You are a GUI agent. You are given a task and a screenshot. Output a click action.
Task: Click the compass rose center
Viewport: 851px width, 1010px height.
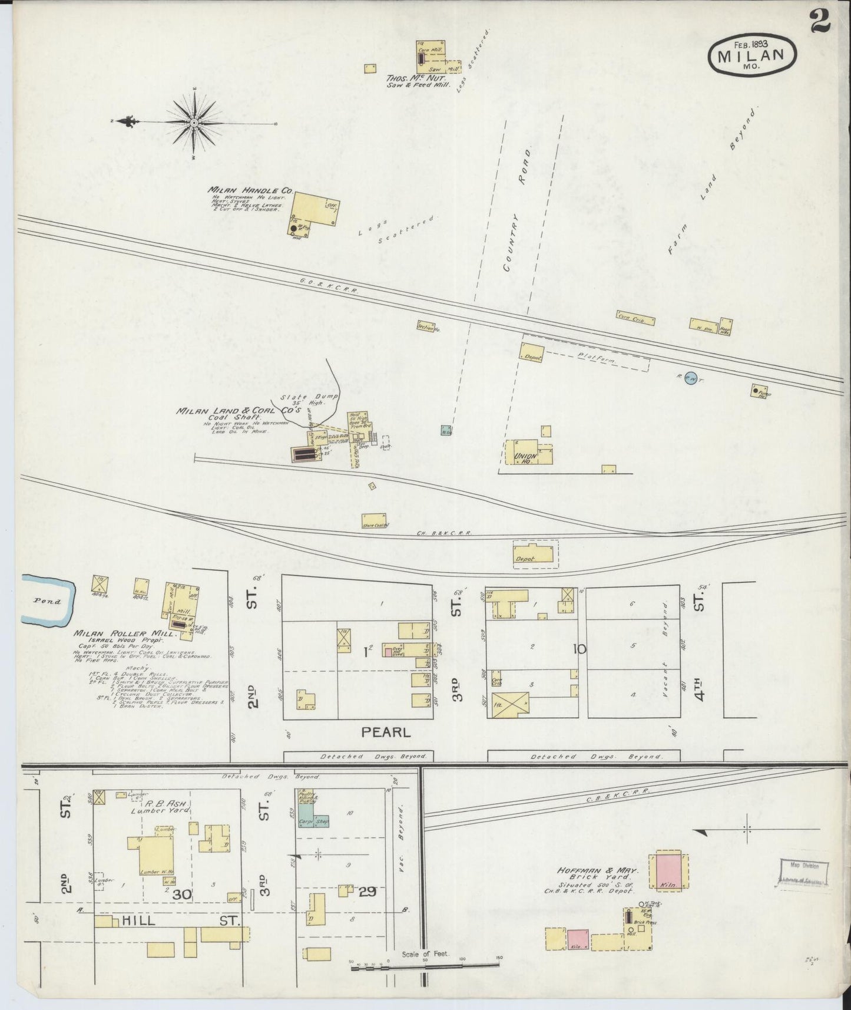tap(194, 123)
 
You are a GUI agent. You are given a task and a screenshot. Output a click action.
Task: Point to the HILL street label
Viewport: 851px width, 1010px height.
tap(139, 920)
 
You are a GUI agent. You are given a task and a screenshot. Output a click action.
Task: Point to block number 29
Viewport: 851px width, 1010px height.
tap(367, 892)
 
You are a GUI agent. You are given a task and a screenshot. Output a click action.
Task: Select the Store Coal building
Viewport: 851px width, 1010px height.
tap(375, 521)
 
